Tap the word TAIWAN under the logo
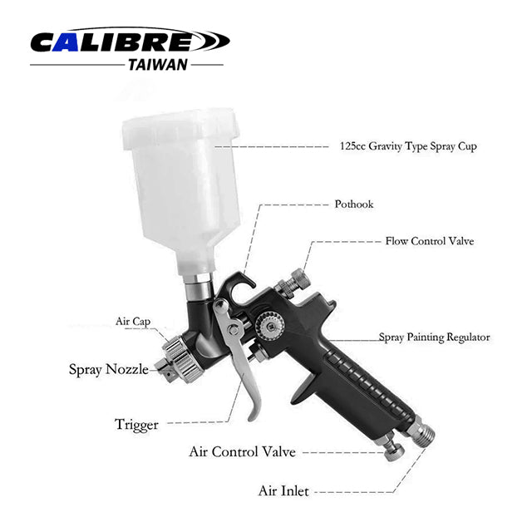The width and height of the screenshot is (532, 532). coord(158,65)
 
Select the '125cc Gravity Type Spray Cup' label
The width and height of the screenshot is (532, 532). coord(408,146)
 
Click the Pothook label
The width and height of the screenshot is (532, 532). coord(354,204)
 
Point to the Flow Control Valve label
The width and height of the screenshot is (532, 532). coord(430,241)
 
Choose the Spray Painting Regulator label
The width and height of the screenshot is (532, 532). coord(434,337)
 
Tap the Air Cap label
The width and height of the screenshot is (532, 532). coord(133,322)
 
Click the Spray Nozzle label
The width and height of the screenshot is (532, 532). coord(109,369)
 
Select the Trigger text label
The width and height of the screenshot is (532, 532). coord(136,425)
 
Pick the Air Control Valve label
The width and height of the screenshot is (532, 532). coord(242,452)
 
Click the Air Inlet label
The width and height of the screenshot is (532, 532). coord(283,491)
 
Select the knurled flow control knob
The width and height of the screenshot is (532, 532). coord(293,283)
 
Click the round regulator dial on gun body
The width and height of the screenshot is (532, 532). coord(269,327)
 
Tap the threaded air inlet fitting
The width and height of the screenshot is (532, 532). coord(421,431)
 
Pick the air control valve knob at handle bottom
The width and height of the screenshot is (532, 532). coord(392,449)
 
